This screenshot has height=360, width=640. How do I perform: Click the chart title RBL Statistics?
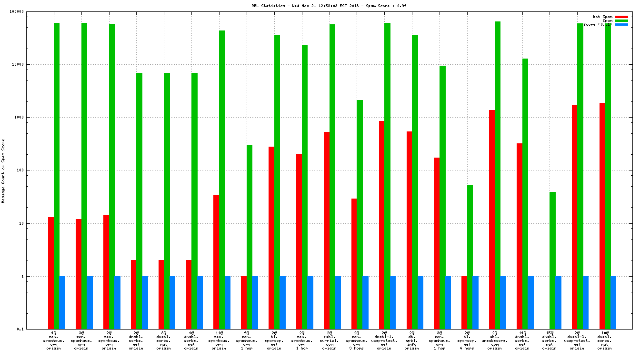coord(329,6)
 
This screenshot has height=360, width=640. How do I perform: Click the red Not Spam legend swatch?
coord(621,17)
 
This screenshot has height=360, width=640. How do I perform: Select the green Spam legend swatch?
coord(621,20)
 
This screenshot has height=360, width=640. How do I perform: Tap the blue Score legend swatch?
coord(621,24)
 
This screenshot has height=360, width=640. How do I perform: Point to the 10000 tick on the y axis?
coord(31,64)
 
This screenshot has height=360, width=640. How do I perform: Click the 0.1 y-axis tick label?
coord(33,329)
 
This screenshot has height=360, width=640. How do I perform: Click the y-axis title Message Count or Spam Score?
coord(3,171)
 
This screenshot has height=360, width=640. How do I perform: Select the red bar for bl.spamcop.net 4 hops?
coord(464,302)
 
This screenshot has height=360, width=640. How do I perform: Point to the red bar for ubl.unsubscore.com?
coord(492,220)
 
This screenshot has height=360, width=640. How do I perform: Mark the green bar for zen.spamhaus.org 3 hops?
coord(360,214)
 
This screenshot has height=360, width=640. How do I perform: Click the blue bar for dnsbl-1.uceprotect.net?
coord(393,302)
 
